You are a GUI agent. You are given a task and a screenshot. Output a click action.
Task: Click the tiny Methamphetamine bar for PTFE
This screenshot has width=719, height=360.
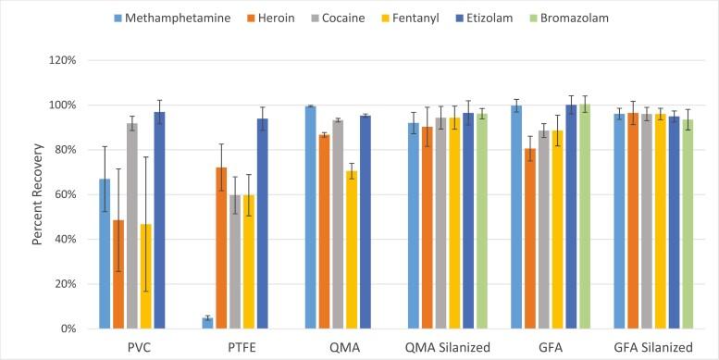point(208,323)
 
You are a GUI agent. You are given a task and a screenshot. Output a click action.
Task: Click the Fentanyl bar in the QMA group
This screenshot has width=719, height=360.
point(352,249)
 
